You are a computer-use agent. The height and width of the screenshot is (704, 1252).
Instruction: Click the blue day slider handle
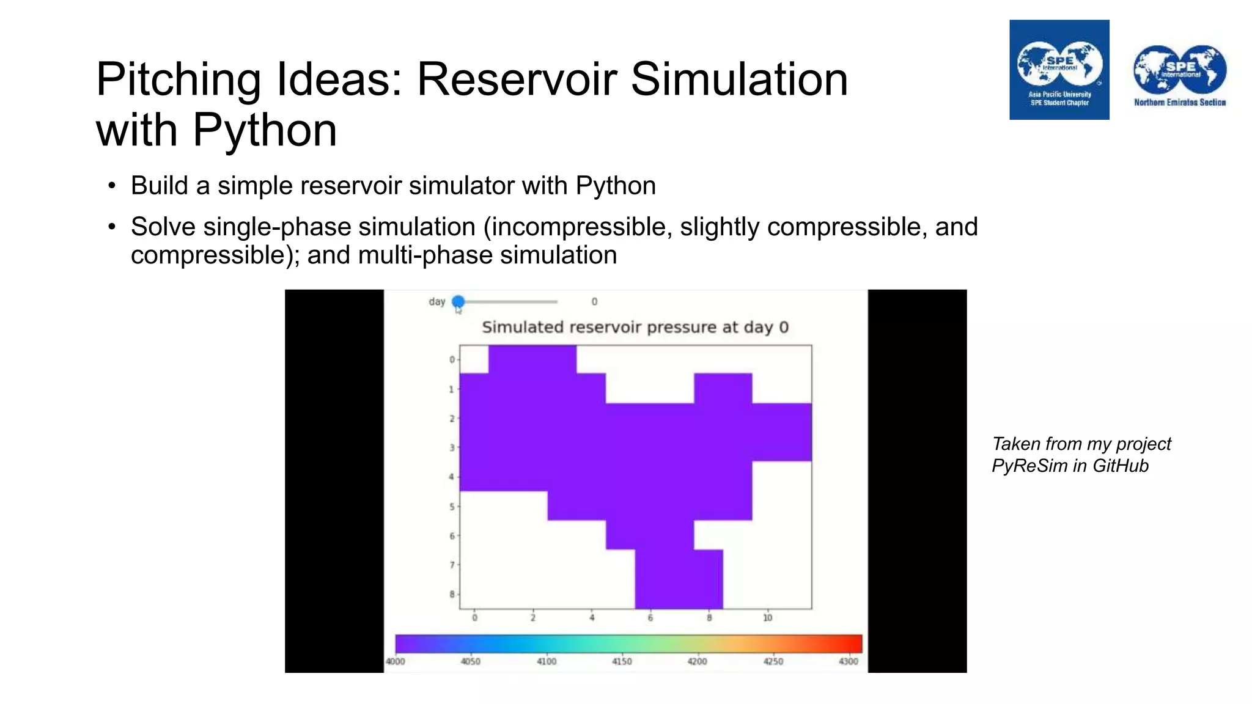[458, 301]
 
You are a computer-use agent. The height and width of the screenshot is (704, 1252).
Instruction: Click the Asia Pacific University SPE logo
[1059, 70]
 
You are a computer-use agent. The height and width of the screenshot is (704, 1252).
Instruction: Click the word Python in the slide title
[265, 130]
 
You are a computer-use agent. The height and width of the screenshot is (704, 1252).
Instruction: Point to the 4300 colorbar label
[848, 661]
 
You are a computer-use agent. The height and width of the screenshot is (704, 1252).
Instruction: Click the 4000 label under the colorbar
[395, 661]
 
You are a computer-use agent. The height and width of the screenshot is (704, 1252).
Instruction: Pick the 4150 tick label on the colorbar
[622, 661]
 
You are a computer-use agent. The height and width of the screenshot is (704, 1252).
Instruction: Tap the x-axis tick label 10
[767, 618]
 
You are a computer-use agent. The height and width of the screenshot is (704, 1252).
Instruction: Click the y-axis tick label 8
[452, 594]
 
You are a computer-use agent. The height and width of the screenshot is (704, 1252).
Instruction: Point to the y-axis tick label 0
[452, 359]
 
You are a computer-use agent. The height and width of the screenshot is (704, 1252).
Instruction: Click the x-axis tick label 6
[650, 618]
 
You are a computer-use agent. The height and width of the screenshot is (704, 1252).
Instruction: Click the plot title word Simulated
[522, 327]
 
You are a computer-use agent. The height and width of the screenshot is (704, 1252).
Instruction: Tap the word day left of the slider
[436, 301]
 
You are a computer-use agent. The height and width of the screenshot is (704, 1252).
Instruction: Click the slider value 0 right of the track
[594, 301]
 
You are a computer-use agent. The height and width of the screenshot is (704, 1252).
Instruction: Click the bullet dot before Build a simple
[111, 186]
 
